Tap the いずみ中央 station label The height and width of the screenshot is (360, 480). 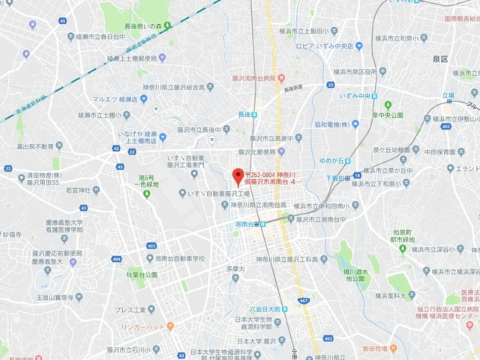363,96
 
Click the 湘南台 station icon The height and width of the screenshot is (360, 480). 258,223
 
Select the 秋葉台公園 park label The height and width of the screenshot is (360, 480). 142,275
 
